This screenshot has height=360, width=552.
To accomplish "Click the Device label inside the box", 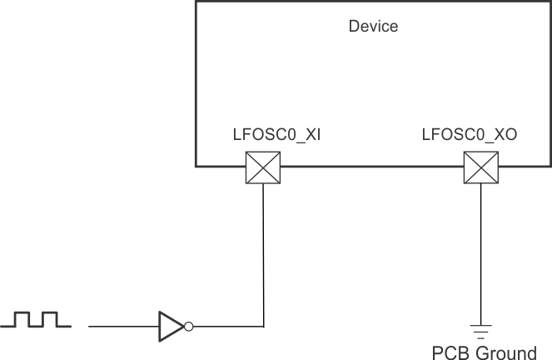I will (x=372, y=27).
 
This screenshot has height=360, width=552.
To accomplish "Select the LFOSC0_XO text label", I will (x=470, y=133).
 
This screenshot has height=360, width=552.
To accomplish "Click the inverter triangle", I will (x=171, y=326).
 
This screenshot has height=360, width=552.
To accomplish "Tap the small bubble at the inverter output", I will (x=189, y=326).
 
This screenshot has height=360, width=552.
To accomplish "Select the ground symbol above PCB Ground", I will (x=480, y=327).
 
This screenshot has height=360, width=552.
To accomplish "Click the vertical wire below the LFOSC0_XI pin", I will (x=263, y=250).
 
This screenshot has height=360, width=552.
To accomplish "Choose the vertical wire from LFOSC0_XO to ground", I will (x=480, y=250).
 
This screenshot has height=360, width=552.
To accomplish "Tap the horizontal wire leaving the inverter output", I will (x=226, y=326).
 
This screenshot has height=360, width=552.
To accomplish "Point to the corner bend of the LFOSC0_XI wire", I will (x=263, y=326).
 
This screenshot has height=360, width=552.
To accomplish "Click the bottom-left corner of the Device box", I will (x=196, y=165).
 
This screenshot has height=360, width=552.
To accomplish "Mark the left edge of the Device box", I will (x=196, y=83).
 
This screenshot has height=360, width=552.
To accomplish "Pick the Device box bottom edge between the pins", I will (x=371, y=165).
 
